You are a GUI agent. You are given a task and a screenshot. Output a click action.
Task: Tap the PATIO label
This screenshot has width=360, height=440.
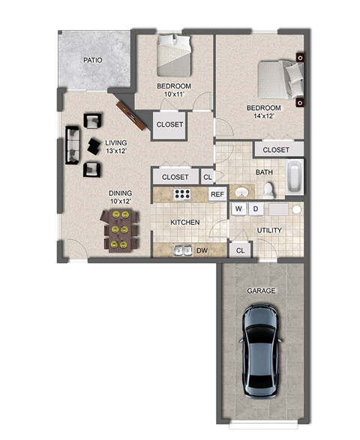coord(92,60)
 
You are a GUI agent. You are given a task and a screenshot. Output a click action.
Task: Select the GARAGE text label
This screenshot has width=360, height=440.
coord(261,290)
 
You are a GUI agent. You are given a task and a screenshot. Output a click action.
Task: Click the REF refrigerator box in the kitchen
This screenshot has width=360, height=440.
coord(217,194)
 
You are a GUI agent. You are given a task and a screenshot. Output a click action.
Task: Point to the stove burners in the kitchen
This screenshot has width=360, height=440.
coord(182,194)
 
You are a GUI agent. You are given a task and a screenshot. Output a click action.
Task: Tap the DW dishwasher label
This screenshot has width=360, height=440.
coord(202,250)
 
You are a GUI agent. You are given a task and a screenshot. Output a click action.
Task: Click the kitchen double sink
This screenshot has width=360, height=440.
coord(183,250)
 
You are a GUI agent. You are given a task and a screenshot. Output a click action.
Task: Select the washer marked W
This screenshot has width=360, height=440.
coord(238,208)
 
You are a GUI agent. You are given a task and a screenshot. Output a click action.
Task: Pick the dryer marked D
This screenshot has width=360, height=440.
coord(255,208)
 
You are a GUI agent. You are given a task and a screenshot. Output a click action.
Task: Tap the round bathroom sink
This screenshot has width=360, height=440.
coord(241,191)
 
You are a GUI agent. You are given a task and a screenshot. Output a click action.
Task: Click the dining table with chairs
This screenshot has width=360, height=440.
coord(119,229)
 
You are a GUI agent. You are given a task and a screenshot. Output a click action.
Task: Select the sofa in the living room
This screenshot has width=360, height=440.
coord(73,145)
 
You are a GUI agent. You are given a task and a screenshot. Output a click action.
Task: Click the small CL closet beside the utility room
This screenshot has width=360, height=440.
coord(240,250)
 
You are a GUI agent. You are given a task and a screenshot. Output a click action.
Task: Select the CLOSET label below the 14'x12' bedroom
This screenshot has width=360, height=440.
coord(276,150)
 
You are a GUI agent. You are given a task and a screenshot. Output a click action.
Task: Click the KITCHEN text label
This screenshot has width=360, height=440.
coord(184,223)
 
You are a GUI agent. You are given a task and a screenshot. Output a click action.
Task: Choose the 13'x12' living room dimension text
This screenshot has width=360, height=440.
coord(115,151)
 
